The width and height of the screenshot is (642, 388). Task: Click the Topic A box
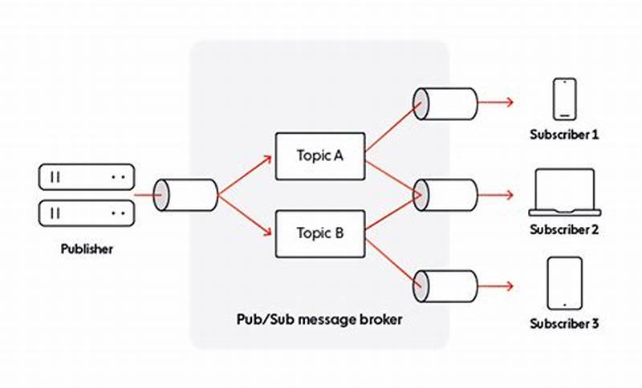(320, 156)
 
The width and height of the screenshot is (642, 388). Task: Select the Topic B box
(320, 233)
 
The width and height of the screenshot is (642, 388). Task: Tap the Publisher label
(87, 249)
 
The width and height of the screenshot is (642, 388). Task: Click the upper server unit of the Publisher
(87, 176)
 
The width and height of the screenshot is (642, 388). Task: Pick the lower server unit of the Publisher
(87, 212)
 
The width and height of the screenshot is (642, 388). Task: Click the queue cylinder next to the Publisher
(185, 194)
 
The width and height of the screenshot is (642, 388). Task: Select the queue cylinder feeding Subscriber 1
(445, 103)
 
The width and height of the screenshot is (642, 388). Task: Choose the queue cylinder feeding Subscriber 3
(445, 285)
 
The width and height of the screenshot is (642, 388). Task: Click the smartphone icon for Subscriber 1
(564, 98)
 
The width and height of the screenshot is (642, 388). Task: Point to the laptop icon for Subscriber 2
(564, 192)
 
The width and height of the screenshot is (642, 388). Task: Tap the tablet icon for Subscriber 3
(564, 283)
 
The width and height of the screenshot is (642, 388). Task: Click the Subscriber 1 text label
(564, 135)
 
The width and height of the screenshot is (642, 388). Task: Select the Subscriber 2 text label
(564, 230)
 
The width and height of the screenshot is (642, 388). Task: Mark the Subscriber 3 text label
(564, 324)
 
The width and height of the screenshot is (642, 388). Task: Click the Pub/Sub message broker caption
(319, 319)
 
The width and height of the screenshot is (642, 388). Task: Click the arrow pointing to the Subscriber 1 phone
(498, 103)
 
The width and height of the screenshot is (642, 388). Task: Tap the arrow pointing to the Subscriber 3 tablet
(498, 285)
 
